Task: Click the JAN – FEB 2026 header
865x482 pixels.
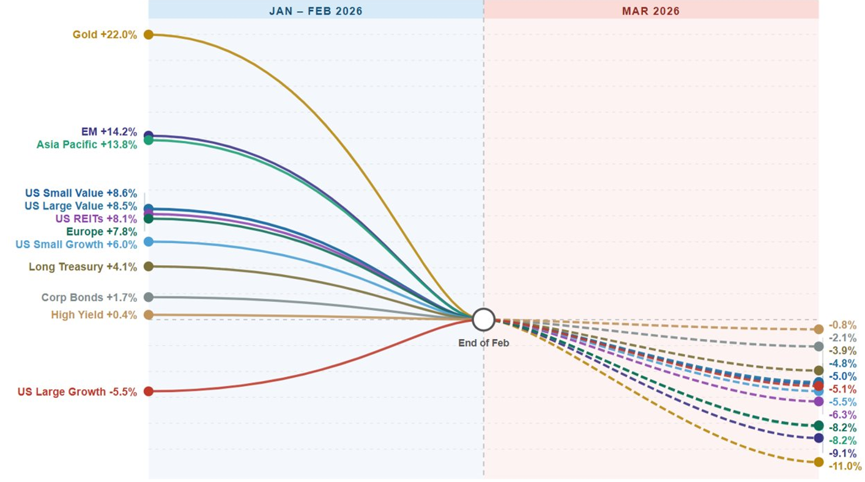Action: click(316, 11)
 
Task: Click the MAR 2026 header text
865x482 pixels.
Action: click(651, 11)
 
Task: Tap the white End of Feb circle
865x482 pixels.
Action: click(483, 319)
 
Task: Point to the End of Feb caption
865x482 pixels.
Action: click(483, 343)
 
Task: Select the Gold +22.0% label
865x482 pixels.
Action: click(105, 35)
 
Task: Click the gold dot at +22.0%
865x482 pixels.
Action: click(148, 35)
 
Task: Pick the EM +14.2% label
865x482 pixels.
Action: click(109, 131)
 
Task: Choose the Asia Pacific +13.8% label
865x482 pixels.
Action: click(87, 145)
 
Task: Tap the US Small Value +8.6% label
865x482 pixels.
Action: click(81, 193)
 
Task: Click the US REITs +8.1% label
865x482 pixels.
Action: click(96, 219)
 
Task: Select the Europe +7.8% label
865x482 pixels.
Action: click(101, 232)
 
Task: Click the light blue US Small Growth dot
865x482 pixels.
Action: click(148, 242)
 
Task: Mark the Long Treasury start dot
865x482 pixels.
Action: click(148, 266)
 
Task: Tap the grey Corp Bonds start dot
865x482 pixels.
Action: click(148, 297)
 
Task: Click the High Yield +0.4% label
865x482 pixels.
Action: click(94, 315)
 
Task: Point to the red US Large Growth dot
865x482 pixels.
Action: click(148, 391)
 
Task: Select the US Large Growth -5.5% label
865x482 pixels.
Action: click(77, 392)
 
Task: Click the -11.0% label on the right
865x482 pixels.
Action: click(845, 466)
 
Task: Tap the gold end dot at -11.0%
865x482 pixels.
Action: click(819, 462)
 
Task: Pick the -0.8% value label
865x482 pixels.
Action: click(842, 326)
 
